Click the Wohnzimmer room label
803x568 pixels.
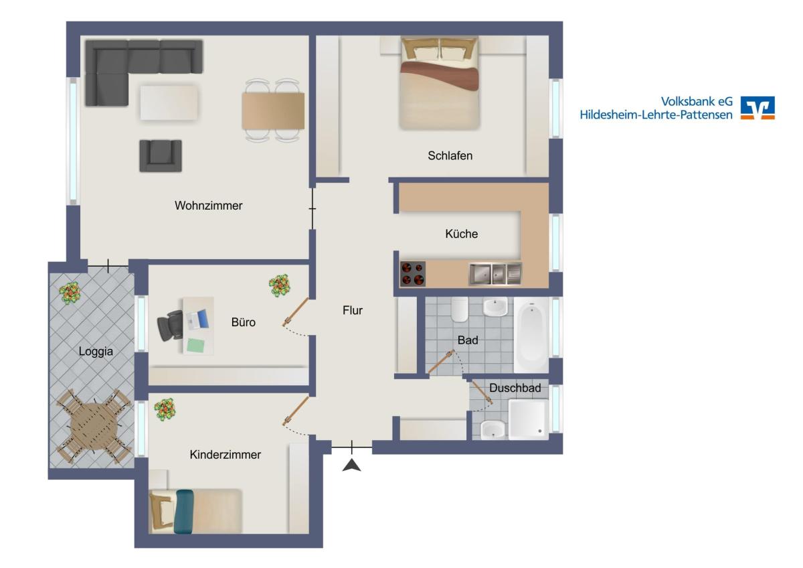[x=208, y=206]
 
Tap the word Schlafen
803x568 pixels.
[x=450, y=155]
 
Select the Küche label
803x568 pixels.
[x=461, y=234]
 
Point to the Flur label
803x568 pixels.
[x=353, y=310]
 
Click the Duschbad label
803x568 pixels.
[x=515, y=388]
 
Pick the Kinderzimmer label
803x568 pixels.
[x=225, y=455]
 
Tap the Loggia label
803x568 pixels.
[x=96, y=351]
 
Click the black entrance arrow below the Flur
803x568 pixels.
[x=352, y=465]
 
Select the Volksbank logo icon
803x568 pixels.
[x=757, y=108]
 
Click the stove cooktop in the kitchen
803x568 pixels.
[x=413, y=274]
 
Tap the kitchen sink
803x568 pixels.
[x=495, y=274]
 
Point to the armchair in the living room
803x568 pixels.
[x=161, y=155]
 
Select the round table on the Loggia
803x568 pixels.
[x=94, y=426]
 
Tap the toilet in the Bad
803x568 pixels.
[x=460, y=309]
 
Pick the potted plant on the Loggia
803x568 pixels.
[x=70, y=293]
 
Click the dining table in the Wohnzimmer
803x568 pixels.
[x=273, y=111]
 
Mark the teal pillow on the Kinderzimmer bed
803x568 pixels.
[x=183, y=511]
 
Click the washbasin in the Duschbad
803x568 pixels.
[x=493, y=429]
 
